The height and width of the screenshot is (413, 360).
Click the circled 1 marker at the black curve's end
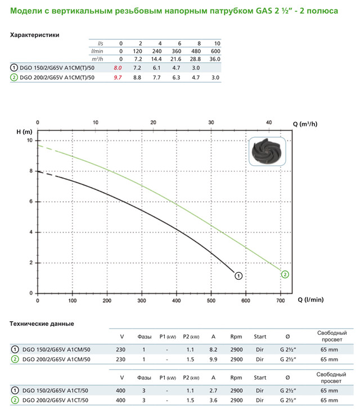coord(238,275)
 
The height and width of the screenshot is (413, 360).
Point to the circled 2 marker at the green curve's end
coord(285,274)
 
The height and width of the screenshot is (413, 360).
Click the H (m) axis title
coord(24,131)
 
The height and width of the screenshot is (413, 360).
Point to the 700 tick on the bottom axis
coord(280,301)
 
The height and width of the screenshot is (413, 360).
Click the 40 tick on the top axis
coord(269,122)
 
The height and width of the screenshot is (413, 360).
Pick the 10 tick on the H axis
coord(30,140)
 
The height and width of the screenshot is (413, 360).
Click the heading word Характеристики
coord(35,35)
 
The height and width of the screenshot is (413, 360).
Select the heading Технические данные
coord(42,324)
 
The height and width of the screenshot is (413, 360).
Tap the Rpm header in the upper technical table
coord(236,337)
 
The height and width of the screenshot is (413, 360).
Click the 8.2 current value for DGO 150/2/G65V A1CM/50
coord(213,349)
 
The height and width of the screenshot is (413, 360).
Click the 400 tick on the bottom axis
coord(176,301)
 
